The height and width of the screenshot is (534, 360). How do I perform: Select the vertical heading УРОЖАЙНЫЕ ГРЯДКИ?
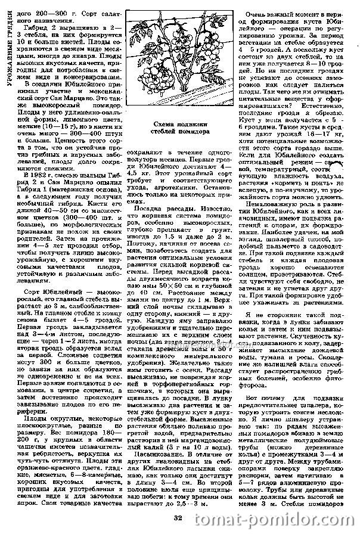[6, 44]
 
